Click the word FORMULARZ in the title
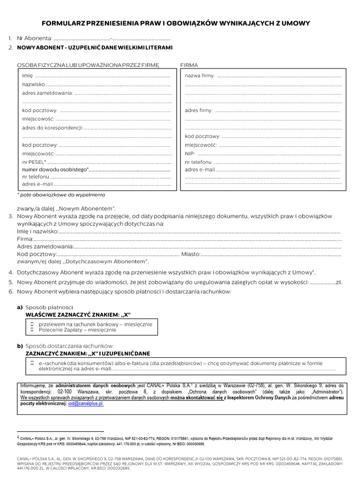coord(62,23)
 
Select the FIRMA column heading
coord(189,65)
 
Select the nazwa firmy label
coord(200,76)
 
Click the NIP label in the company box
coord(189,153)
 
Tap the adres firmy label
coord(199,111)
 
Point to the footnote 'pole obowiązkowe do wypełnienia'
coord(61,195)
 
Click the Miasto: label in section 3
coord(191,254)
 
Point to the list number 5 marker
coord(10,282)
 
